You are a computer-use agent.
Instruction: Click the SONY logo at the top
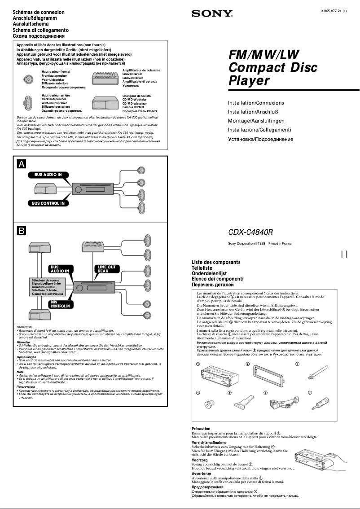212,14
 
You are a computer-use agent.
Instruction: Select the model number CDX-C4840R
250,233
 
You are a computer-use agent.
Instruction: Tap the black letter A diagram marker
21,164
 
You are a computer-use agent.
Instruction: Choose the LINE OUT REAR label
106,269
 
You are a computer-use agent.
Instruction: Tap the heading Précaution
201,429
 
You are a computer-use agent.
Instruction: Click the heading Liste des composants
216,262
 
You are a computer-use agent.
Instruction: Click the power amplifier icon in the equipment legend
105,79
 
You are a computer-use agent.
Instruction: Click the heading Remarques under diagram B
24,327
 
